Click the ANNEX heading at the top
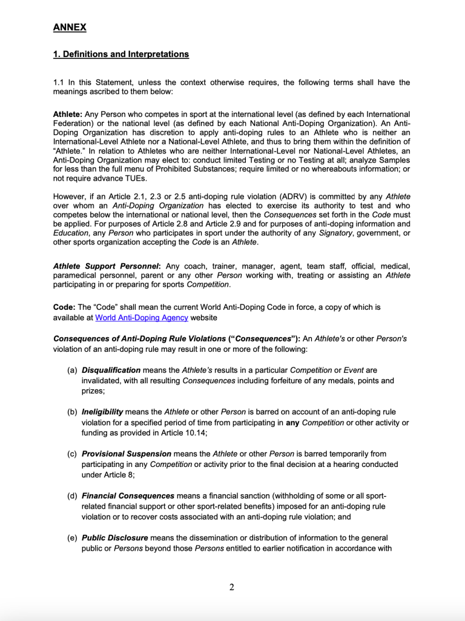pyautogui.click(x=70, y=27)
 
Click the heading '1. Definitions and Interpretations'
pyautogui.click(x=121, y=55)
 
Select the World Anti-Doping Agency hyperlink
pyautogui.click(x=142, y=318)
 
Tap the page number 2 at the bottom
pyautogui.click(x=232, y=586)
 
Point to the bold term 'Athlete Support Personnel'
pyautogui.click(x=106, y=266)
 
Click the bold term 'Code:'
pyautogui.click(x=64, y=307)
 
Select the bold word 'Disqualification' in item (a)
pyautogui.click(x=111, y=370)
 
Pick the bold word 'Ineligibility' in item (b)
pyautogui.click(x=102, y=412)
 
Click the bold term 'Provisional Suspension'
pyautogui.click(x=127, y=454)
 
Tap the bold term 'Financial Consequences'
pyautogui.click(x=128, y=496)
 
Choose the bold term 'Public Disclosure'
pyautogui.click(x=114, y=538)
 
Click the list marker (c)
pyautogui.click(x=72, y=454)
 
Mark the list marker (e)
pyautogui.click(x=72, y=538)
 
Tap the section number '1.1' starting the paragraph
pyautogui.click(x=59, y=82)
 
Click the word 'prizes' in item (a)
pyautogui.click(x=93, y=391)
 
